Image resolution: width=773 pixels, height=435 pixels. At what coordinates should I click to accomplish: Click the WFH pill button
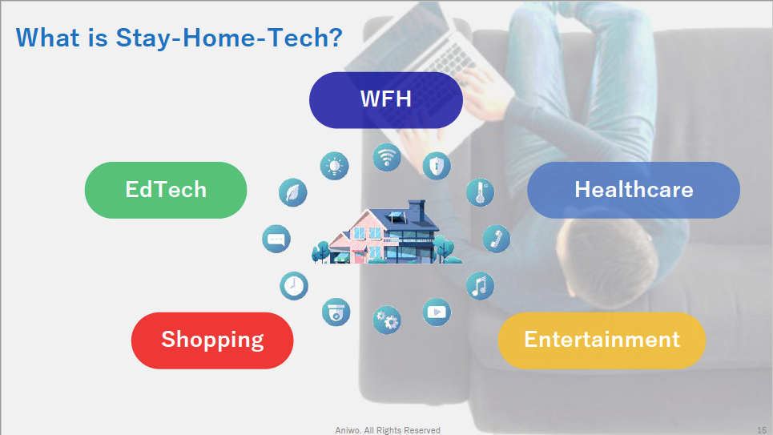tap(386, 100)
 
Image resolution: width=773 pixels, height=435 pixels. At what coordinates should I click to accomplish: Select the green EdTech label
tap(166, 190)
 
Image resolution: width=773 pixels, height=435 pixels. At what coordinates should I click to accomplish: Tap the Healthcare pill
tap(634, 190)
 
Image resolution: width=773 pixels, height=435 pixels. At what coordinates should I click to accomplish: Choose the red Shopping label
tap(212, 340)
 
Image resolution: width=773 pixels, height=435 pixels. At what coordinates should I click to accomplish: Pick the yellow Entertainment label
tap(602, 340)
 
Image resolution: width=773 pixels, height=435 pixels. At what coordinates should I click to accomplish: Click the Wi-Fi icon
tap(387, 158)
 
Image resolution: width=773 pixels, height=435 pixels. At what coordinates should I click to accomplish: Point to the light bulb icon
tap(335, 166)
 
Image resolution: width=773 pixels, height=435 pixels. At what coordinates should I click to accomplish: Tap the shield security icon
tap(437, 166)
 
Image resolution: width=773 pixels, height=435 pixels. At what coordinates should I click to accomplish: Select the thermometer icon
tap(480, 192)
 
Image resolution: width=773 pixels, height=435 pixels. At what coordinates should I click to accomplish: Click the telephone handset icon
tap(497, 240)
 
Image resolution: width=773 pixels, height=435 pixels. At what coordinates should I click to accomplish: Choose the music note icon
tap(480, 286)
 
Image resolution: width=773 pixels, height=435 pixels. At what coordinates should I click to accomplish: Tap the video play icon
tap(437, 312)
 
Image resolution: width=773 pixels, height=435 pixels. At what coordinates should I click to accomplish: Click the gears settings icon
tap(387, 320)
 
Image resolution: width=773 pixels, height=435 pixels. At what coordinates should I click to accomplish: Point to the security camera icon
tap(336, 312)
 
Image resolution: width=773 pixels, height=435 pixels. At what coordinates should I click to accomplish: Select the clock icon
tap(294, 286)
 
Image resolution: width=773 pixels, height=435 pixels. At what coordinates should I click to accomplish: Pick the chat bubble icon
tap(276, 240)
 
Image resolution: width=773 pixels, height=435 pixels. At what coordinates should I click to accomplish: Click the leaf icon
tap(293, 192)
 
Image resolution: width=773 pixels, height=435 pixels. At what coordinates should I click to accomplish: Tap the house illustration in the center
tap(387, 232)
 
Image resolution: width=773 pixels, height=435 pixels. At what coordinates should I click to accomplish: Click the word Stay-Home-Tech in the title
tap(229, 38)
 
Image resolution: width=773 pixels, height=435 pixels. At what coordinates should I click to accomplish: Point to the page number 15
tap(762, 430)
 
